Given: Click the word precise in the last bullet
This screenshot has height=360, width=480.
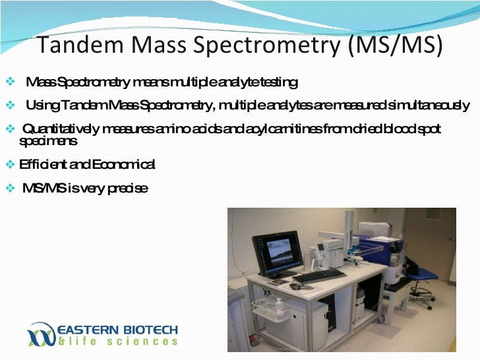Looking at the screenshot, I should tap(126, 189).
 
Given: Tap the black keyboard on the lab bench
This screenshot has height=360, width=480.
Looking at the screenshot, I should tap(318, 275).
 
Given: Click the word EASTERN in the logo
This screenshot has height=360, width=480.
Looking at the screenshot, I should tap(84, 330).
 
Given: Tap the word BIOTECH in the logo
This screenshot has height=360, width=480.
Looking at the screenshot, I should tap(146, 330).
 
